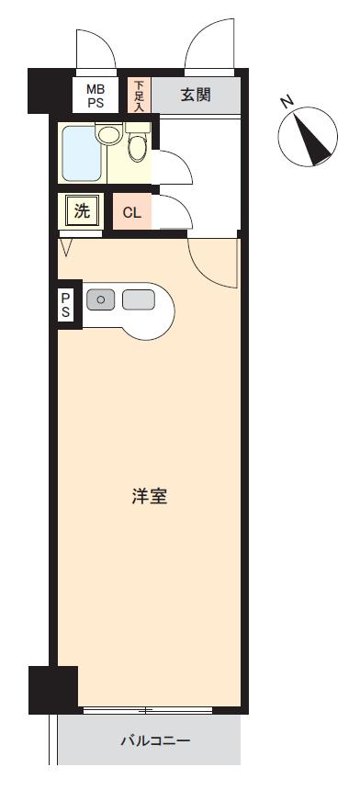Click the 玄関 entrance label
pyautogui.click(x=194, y=94)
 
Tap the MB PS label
pyautogui.click(x=96, y=95)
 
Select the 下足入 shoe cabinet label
pyautogui.click(x=139, y=94)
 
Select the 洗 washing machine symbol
pyautogui.click(x=82, y=211)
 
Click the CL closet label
pyautogui.click(x=131, y=213)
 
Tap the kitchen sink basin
pyautogui.click(x=138, y=299)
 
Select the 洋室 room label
pyautogui.click(x=148, y=497)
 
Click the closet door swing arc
pyautogui.click(x=175, y=213)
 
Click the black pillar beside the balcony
pyautogui.click(x=52, y=689)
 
